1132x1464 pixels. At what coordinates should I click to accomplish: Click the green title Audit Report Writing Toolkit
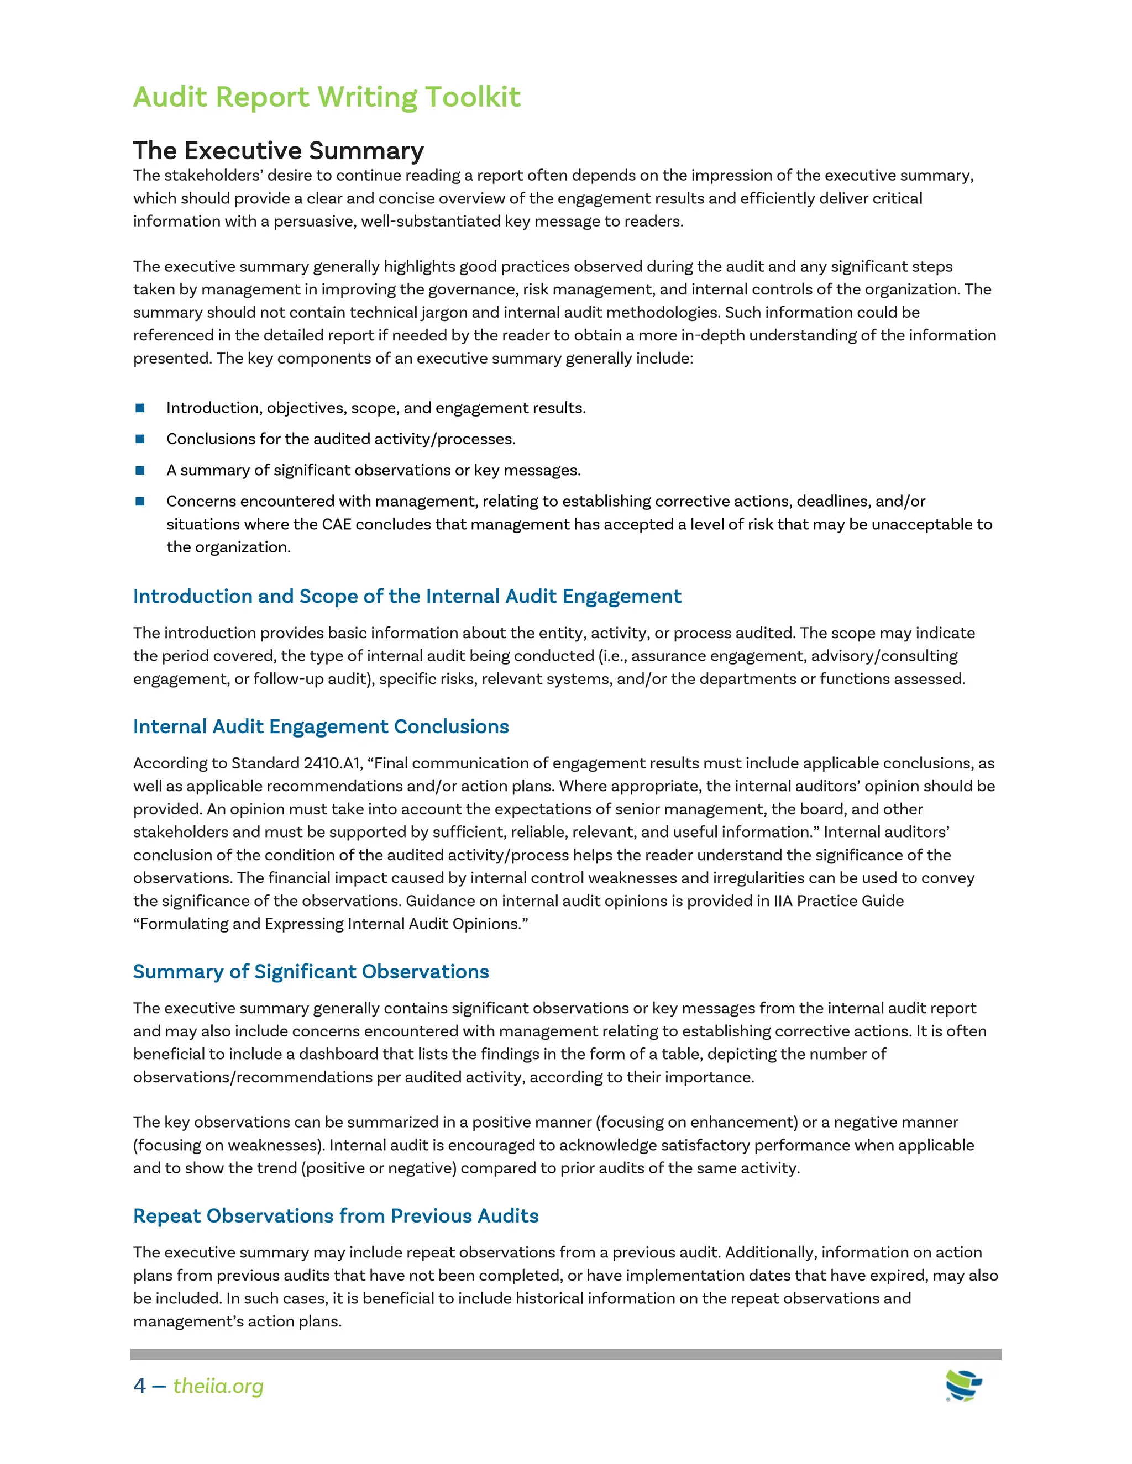pos(327,97)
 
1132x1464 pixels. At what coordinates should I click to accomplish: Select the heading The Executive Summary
pos(279,151)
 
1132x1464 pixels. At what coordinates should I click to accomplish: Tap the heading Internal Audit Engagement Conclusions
pos(321,726)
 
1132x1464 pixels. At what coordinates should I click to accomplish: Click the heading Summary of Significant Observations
pos(311,971)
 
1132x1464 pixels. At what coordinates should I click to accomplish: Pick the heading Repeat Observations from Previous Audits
pos(336,1215)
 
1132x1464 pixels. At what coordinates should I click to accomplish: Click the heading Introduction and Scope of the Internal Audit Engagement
pos(406,596)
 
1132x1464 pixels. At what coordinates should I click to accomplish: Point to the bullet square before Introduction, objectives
pos(140,408)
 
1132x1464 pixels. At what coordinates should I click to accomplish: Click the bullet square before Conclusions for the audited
pos(140,439)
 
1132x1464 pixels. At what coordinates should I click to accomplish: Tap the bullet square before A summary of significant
pos(140,470)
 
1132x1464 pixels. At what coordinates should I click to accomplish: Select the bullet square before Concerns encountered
pos(140,502)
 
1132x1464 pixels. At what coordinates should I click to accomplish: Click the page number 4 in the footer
pos(139,1386)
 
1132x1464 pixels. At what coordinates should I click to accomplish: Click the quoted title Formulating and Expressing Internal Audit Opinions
pos(331,924)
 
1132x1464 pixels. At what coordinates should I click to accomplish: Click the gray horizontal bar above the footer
pos(565,1354)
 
